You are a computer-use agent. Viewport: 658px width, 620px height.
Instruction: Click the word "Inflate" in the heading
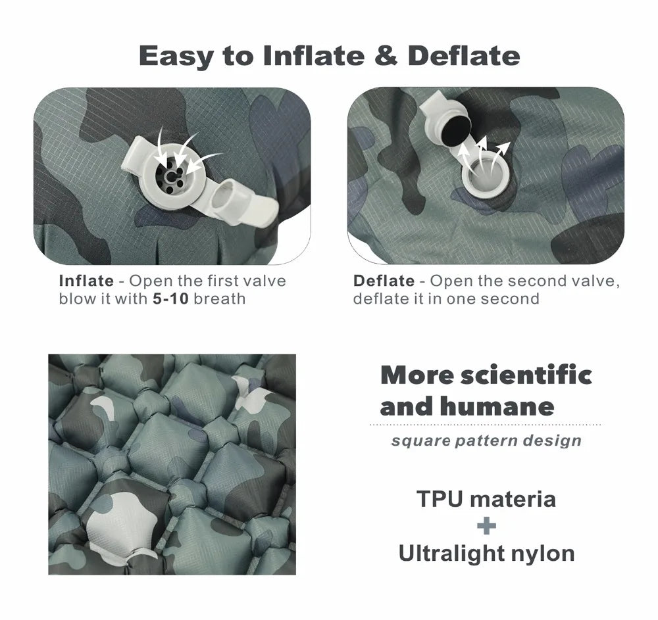point(313,55)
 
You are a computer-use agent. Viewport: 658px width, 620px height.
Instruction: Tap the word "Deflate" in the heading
point(464,55)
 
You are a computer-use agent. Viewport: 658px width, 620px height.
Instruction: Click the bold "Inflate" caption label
point(86,281)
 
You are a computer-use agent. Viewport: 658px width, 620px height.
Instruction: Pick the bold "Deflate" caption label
point(384,281)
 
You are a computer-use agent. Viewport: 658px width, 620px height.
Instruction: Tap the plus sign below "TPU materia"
point(486,525)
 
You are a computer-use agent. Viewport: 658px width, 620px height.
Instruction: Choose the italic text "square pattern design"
point(486,440)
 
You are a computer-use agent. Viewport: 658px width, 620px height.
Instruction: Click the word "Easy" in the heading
point(176,55)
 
